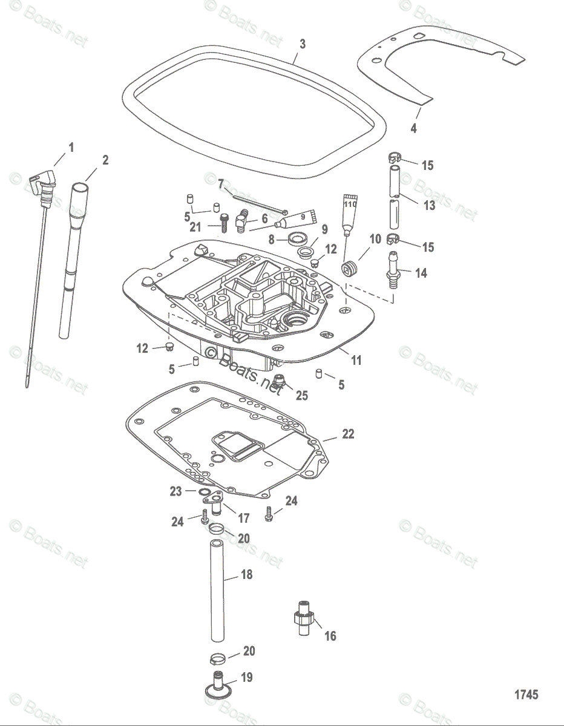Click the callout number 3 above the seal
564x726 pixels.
(303, 44)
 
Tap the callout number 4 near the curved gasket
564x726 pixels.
(413, 128)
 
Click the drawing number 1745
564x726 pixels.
(526, 695)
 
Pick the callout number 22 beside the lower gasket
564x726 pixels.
(348, 434)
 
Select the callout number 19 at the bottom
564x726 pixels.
(247, 677)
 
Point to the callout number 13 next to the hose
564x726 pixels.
(429, 206)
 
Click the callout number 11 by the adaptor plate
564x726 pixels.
(356, 360)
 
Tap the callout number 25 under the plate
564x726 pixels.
(301, 395)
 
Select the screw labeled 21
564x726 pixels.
(223, 224)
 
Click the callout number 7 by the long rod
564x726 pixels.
(221, 183)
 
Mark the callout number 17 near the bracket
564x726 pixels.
(243, 518)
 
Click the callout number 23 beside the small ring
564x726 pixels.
(175, 491)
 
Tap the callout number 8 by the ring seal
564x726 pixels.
(272, 240)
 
